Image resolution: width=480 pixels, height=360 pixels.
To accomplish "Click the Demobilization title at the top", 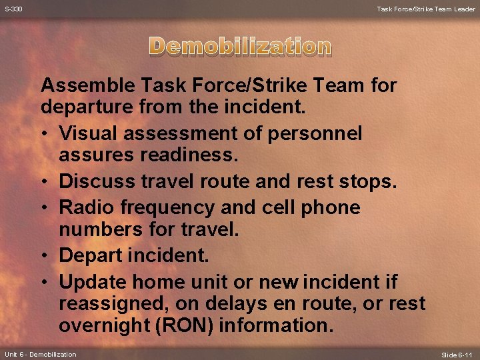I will (x=240, y=46).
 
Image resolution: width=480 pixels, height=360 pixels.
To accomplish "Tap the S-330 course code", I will (x=14, y=9).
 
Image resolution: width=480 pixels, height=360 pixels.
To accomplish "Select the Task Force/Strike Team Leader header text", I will (x=425, y=9).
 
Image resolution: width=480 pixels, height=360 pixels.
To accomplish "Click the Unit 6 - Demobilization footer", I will (x=40, y=354).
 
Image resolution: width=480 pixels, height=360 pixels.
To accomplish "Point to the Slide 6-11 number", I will (x=457, y=354).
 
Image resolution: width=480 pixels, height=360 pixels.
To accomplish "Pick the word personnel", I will (x=315, y=133).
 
